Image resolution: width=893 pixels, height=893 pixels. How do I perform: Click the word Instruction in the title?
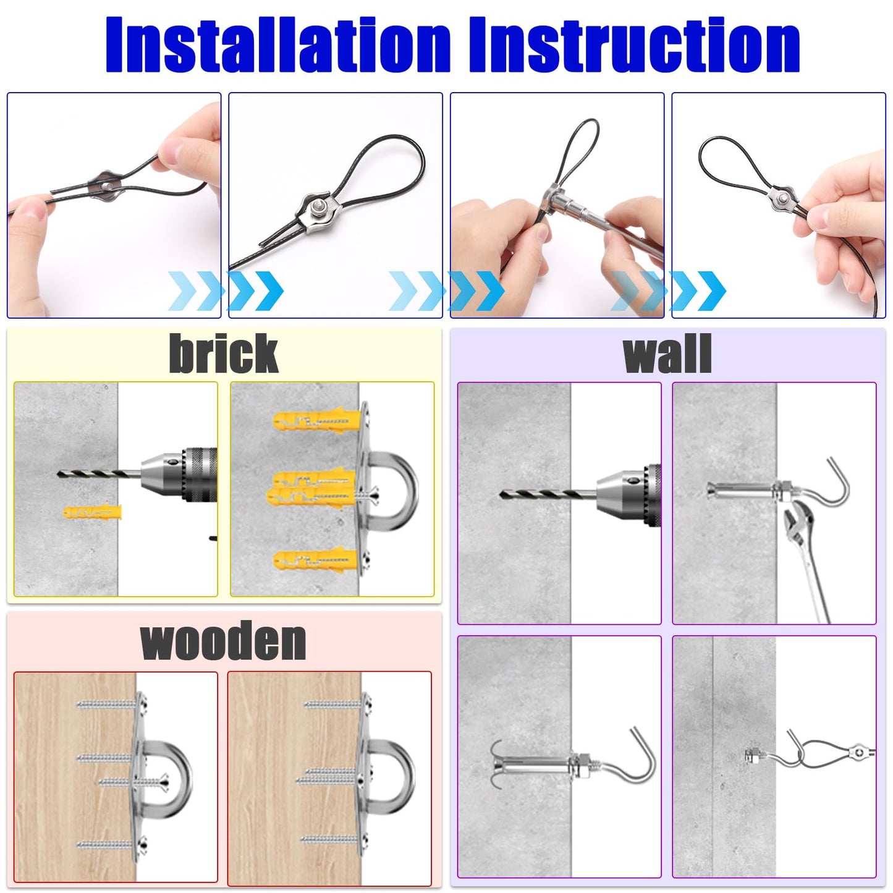[x=635, y=45]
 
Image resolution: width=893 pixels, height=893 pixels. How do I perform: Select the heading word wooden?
[x=223, y=641]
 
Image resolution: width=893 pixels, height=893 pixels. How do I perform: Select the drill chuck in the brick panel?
[x=179, y=474]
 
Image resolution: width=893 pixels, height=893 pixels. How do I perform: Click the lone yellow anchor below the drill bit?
[x=93, y=512]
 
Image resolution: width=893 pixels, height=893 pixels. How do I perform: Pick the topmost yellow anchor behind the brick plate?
[x=318, y=420]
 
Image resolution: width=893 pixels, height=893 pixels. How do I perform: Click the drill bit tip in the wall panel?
[x=501, y=495]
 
